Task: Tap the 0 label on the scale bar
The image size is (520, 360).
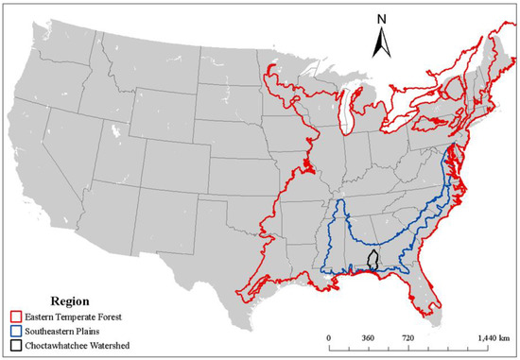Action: click(x=329, y=337)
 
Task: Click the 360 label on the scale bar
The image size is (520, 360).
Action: click(x=369, y=337)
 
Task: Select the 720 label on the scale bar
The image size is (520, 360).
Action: click(x=409, y=337)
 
